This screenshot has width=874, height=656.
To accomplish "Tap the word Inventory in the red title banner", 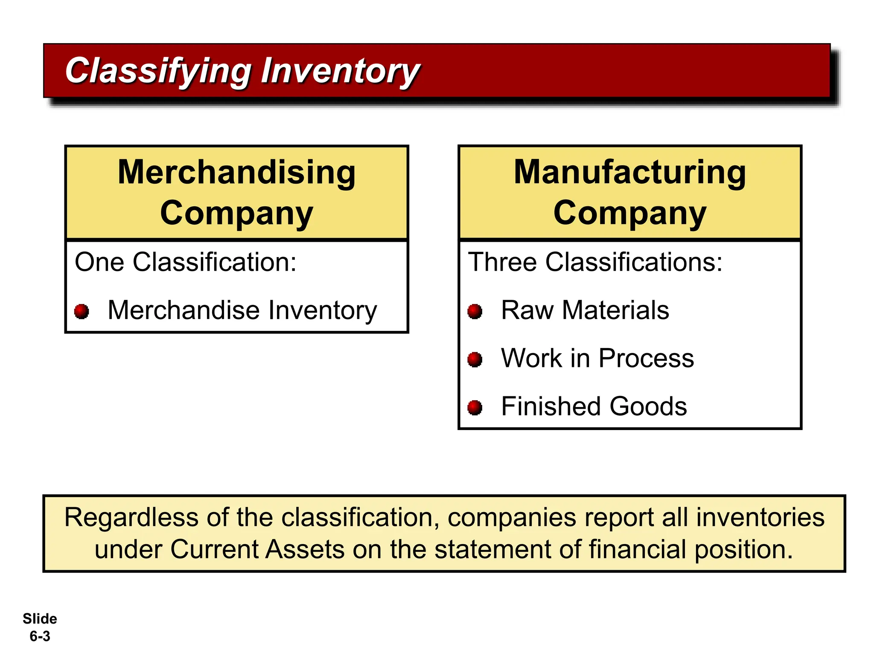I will tap(340, 71).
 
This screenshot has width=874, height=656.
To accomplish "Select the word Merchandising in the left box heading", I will tap(236, 172).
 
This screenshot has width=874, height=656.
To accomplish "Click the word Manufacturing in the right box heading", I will tap(629, 172).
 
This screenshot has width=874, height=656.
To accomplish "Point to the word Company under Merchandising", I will tap(236, 213).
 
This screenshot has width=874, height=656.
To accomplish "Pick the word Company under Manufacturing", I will tap(629, 213).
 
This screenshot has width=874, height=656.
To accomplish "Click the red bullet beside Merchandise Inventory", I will tap(82, 311).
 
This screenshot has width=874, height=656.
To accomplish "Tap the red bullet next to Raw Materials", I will tap(475, 311).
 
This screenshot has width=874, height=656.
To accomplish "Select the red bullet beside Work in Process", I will tap(475, 359).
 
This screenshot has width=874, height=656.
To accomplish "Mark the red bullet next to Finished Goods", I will tap(475, 407).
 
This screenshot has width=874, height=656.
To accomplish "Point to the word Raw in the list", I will tap(527, 310).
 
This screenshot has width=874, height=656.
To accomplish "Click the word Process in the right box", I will tap(646, 358).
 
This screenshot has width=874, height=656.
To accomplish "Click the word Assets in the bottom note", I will tap(305, 549).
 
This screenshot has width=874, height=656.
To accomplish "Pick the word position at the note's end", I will tap(743, 550).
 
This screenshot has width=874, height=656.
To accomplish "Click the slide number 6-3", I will tap(40, 636).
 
